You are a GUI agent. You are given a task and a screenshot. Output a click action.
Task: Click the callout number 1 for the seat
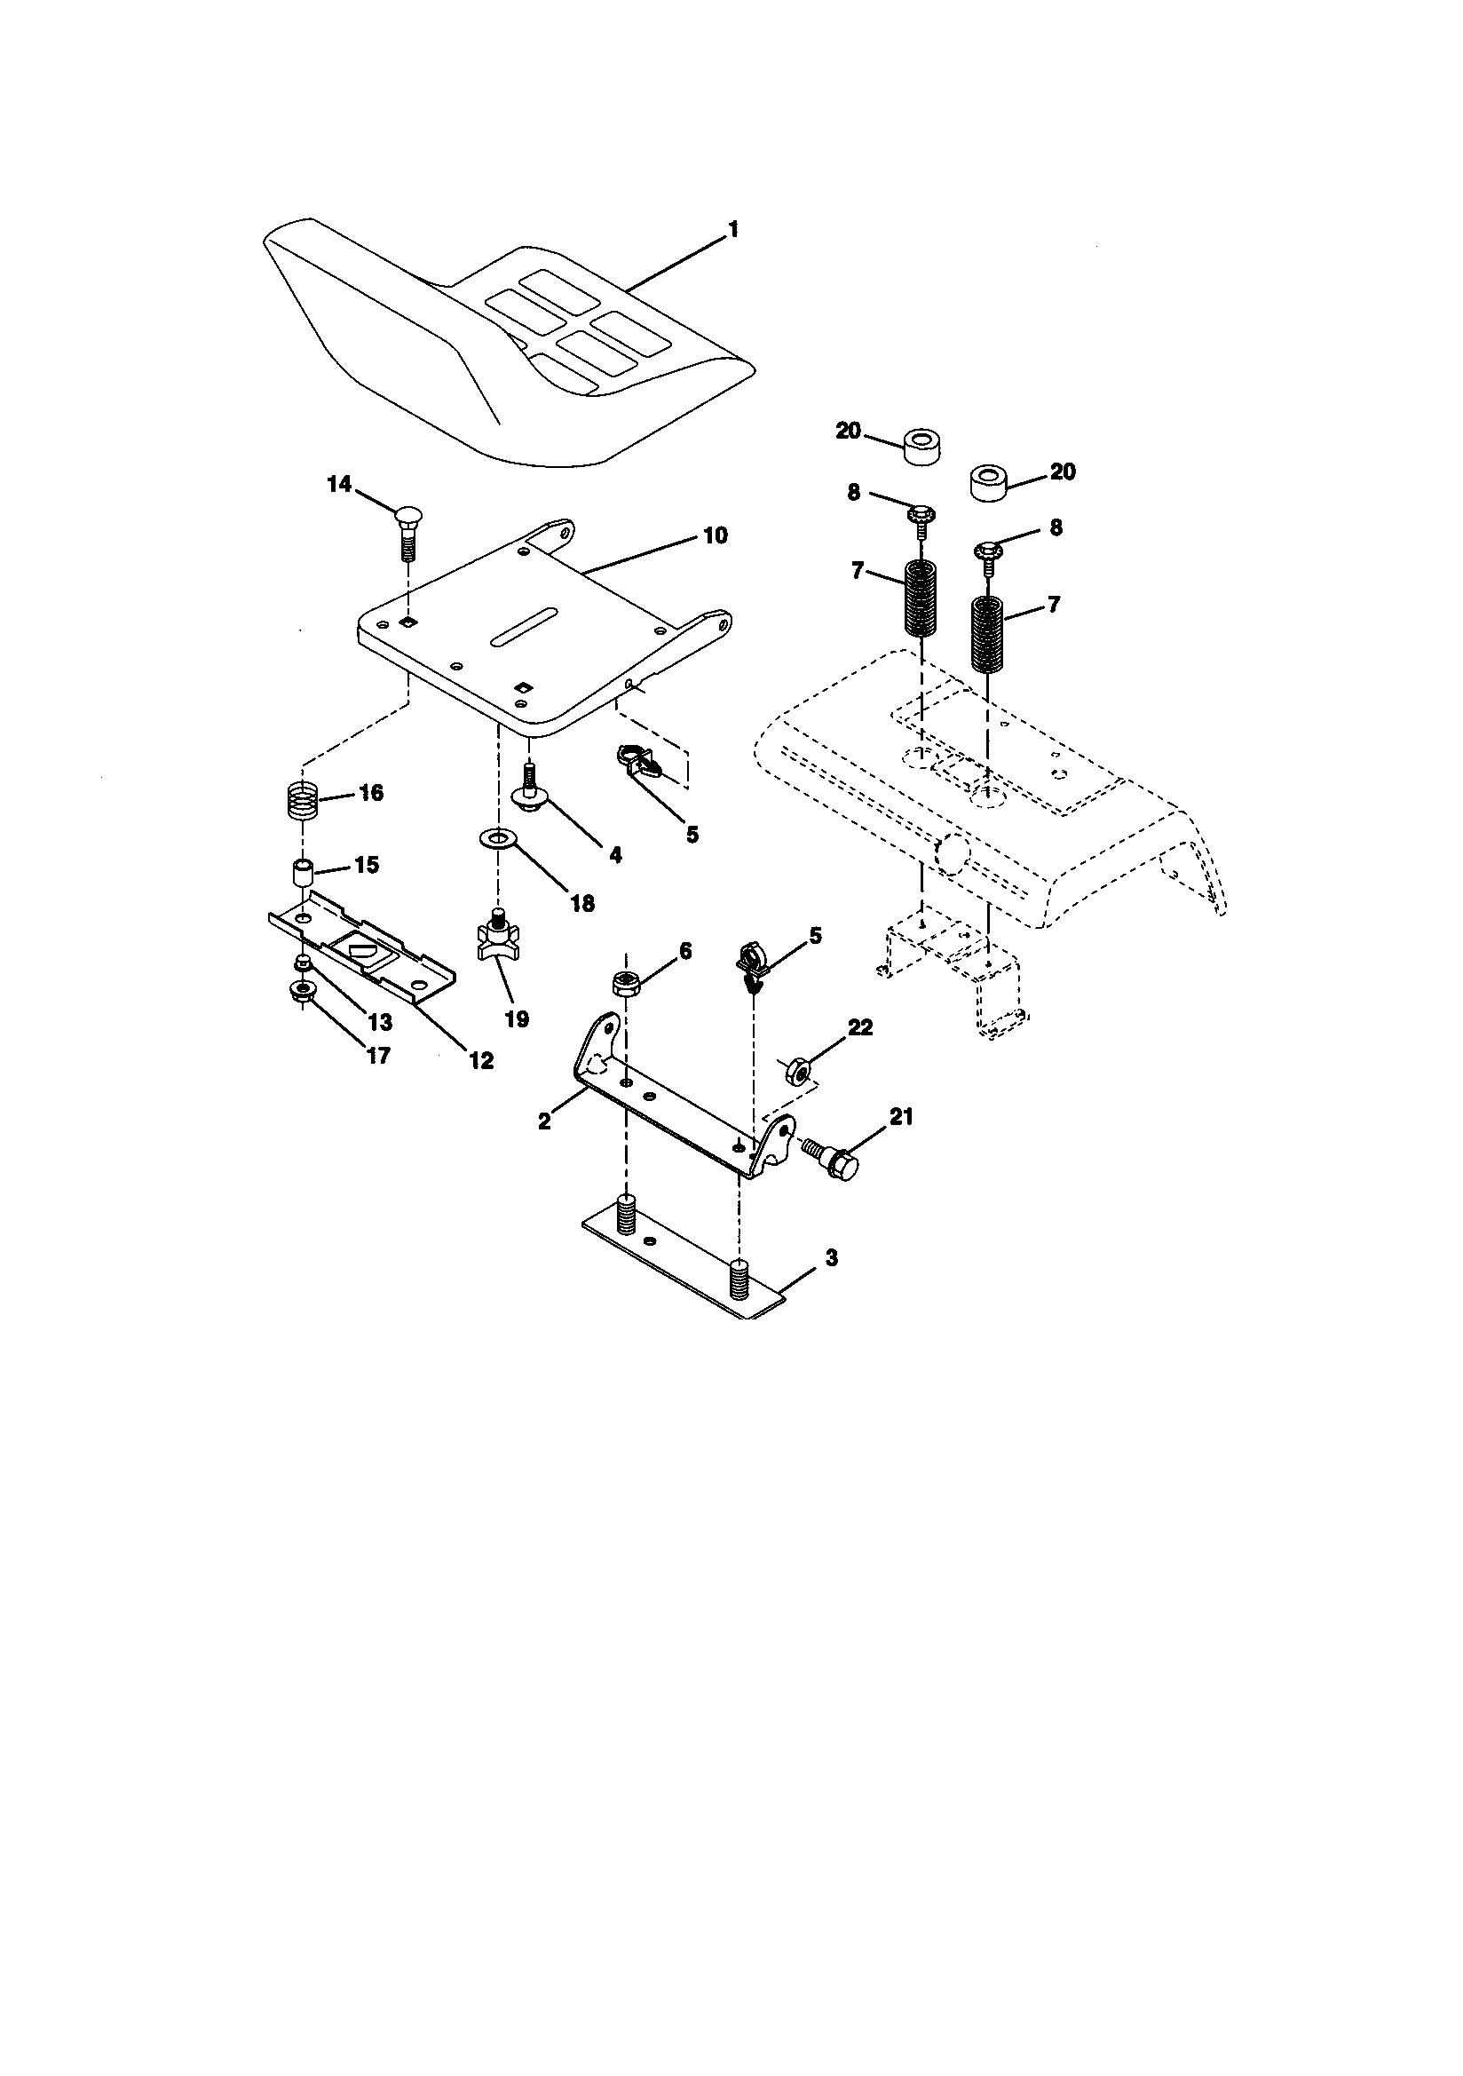(x=733, y=230)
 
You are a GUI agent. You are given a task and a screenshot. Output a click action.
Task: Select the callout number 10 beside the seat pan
(x=715, y=536)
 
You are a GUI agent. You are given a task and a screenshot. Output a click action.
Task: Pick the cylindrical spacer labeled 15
(x=302, y=875)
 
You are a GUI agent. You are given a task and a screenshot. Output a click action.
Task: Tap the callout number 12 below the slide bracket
(x=481, y=1060)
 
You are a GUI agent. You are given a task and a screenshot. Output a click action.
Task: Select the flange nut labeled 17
(x=302, y=991)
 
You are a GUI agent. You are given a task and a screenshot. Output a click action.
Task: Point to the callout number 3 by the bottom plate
(x=831, y=1257)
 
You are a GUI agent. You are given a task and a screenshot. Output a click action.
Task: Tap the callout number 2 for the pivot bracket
(x=543, y=1121)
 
